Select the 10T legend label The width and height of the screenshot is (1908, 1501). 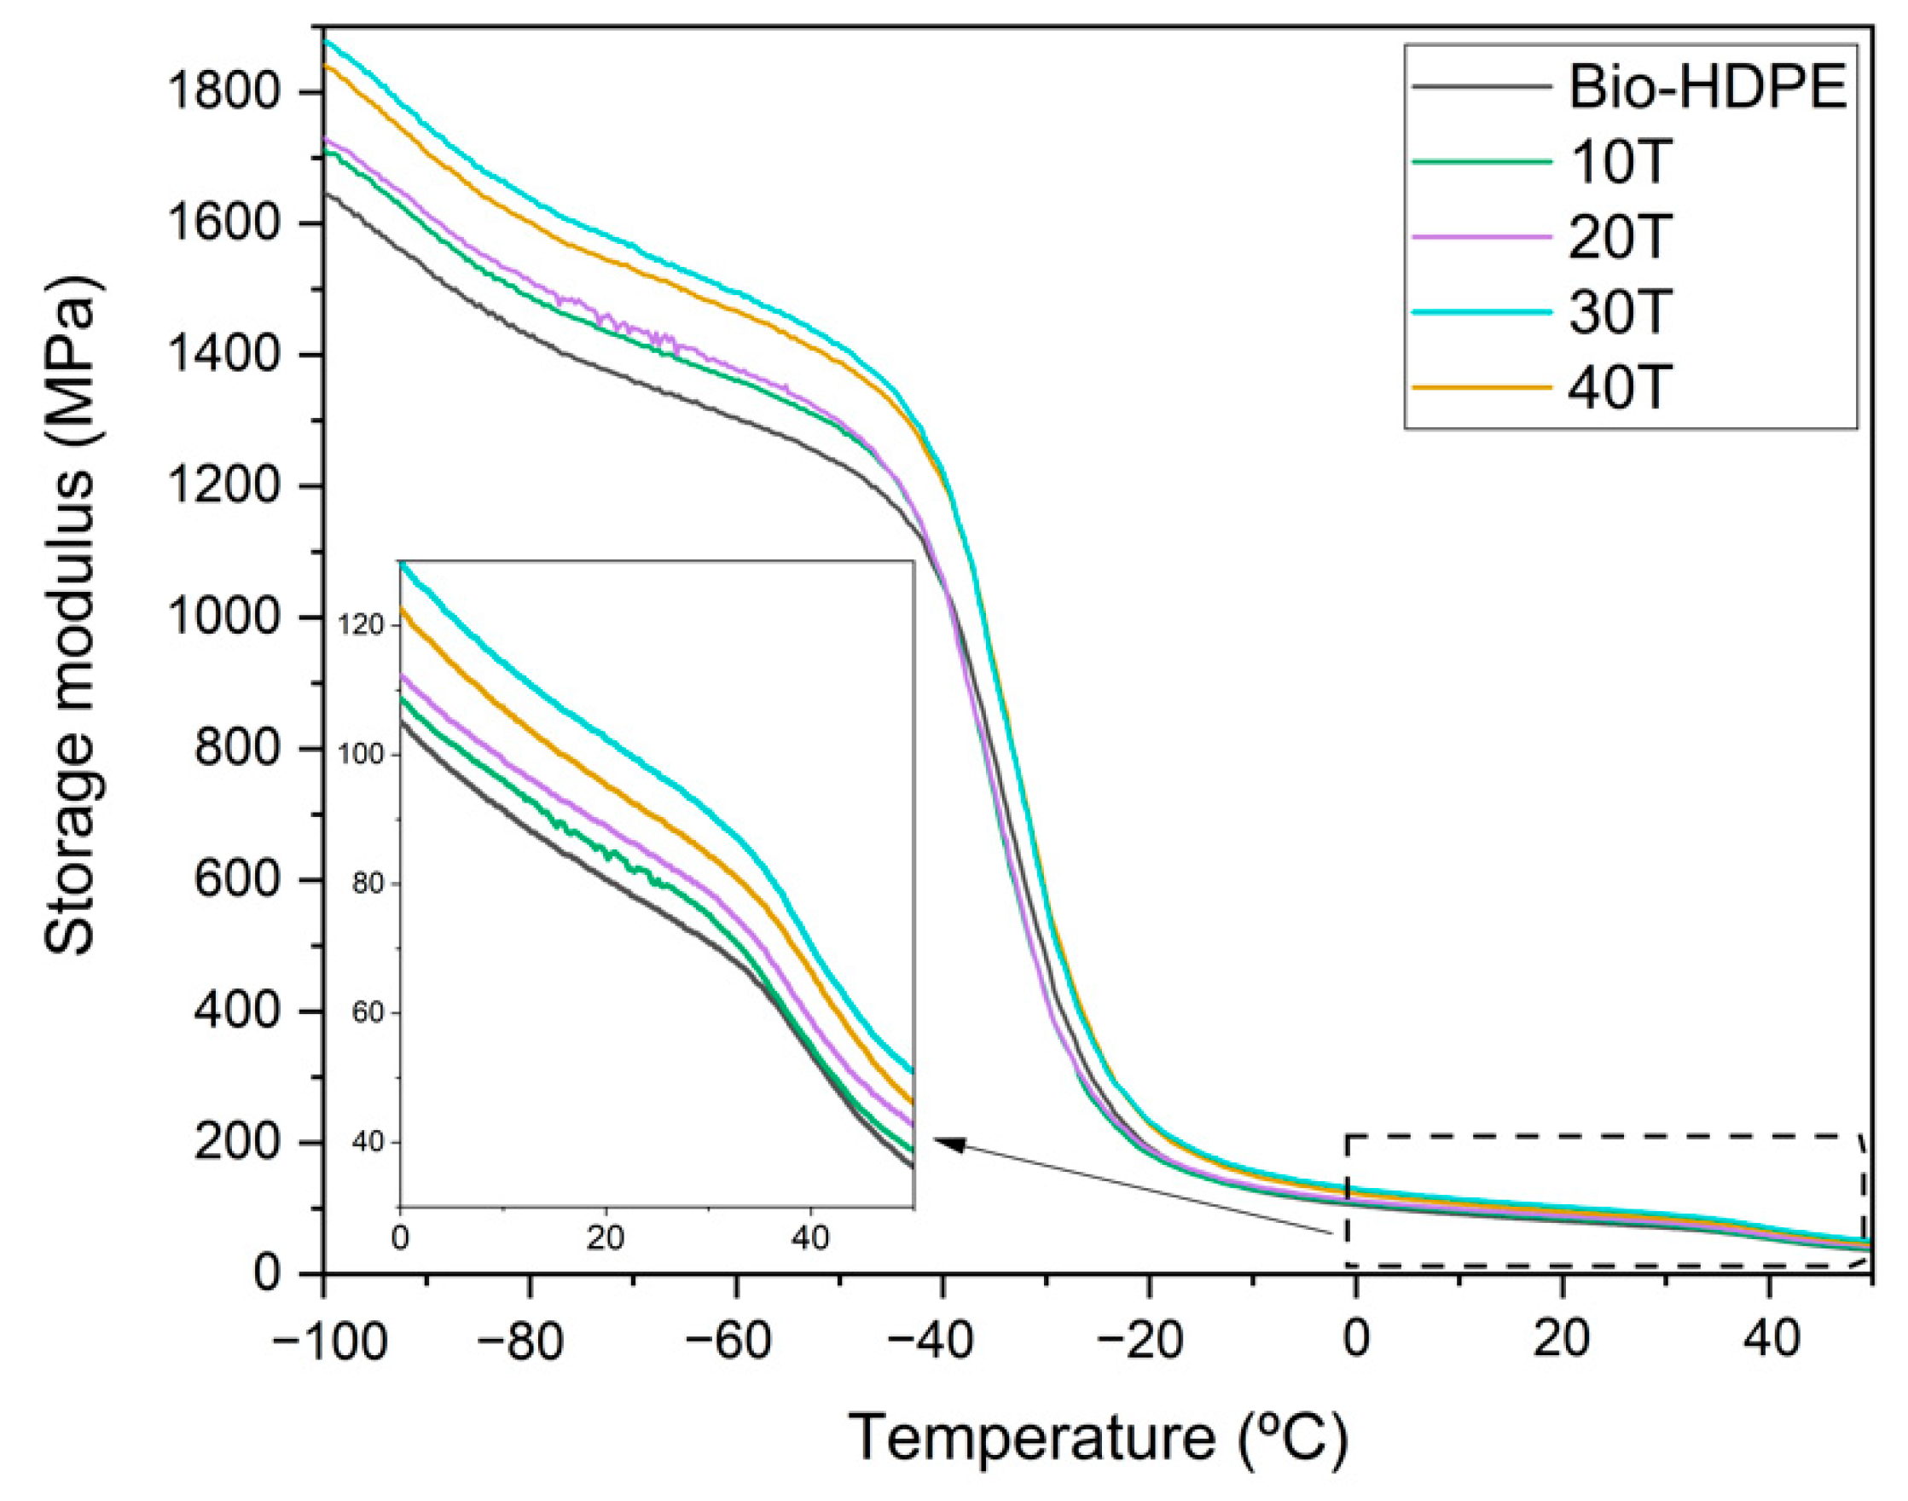pyautogui.click(x=1617, y=163)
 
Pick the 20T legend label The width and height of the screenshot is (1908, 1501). pyautogui.click(x=1617, y=237)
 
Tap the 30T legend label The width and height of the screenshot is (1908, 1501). pyautogui.click(x=1617, y=312)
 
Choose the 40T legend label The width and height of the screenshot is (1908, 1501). pyautogui.click(x=1617, y=386)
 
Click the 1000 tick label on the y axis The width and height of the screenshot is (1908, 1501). pyautogui.click(x=234, y=617)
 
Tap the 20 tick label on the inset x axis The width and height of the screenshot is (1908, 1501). pyautogui.click(x=605, y=1239)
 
